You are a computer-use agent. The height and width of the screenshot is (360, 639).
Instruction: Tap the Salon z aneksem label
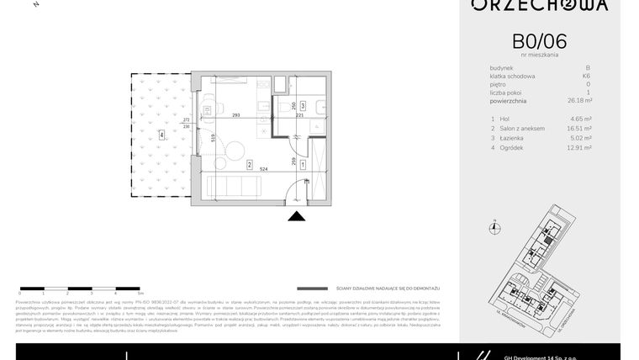(523, 128)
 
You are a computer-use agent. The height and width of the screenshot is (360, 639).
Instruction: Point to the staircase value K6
(586, 77)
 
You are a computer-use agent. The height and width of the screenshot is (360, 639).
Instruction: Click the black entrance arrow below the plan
(297, 217)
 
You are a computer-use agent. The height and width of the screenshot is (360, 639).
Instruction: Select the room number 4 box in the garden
(161, 134)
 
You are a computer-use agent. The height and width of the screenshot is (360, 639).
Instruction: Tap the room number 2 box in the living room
(250, 165)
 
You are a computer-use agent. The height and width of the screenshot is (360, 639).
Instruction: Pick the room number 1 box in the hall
(302, 165)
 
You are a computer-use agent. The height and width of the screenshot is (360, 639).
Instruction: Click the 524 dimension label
(264, 169)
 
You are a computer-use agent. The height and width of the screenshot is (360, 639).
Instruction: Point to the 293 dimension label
(236, 115)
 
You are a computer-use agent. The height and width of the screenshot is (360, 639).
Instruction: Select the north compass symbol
(495, 225)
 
